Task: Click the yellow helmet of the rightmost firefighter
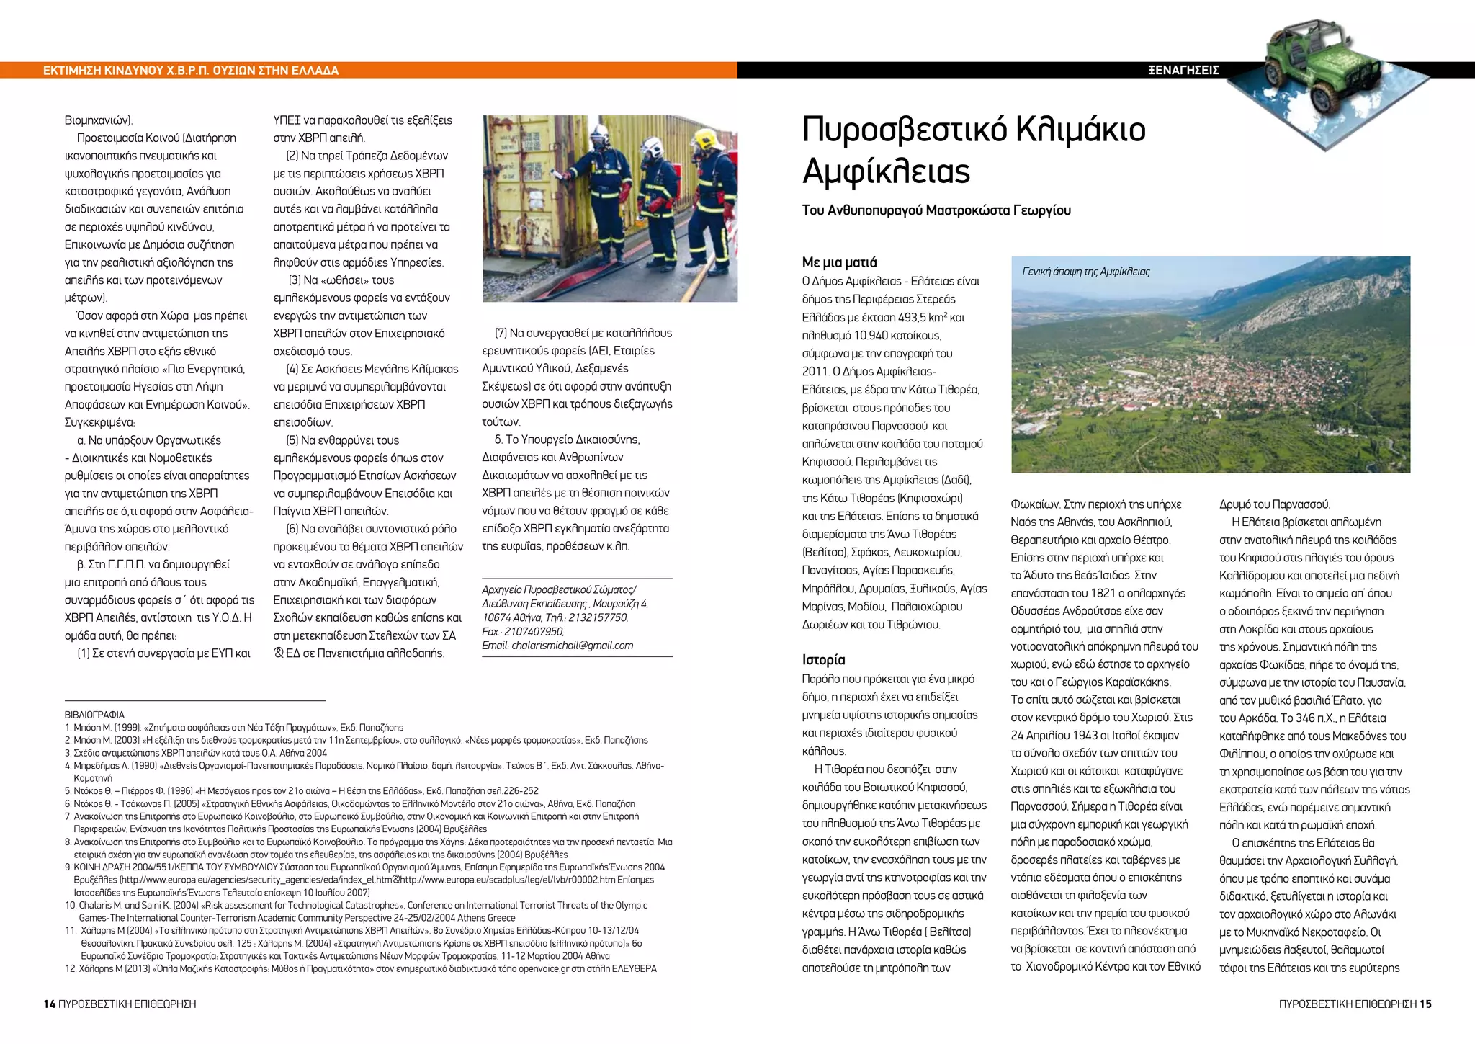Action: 704,138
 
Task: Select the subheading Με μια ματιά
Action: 839,262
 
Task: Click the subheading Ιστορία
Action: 823,659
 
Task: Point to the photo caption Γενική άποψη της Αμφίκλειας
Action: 1085,272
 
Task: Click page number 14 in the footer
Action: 50,1004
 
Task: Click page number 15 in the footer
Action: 1425,1004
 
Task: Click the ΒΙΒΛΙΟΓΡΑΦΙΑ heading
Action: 94,715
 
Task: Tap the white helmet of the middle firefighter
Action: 652,147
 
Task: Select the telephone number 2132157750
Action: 598,618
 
